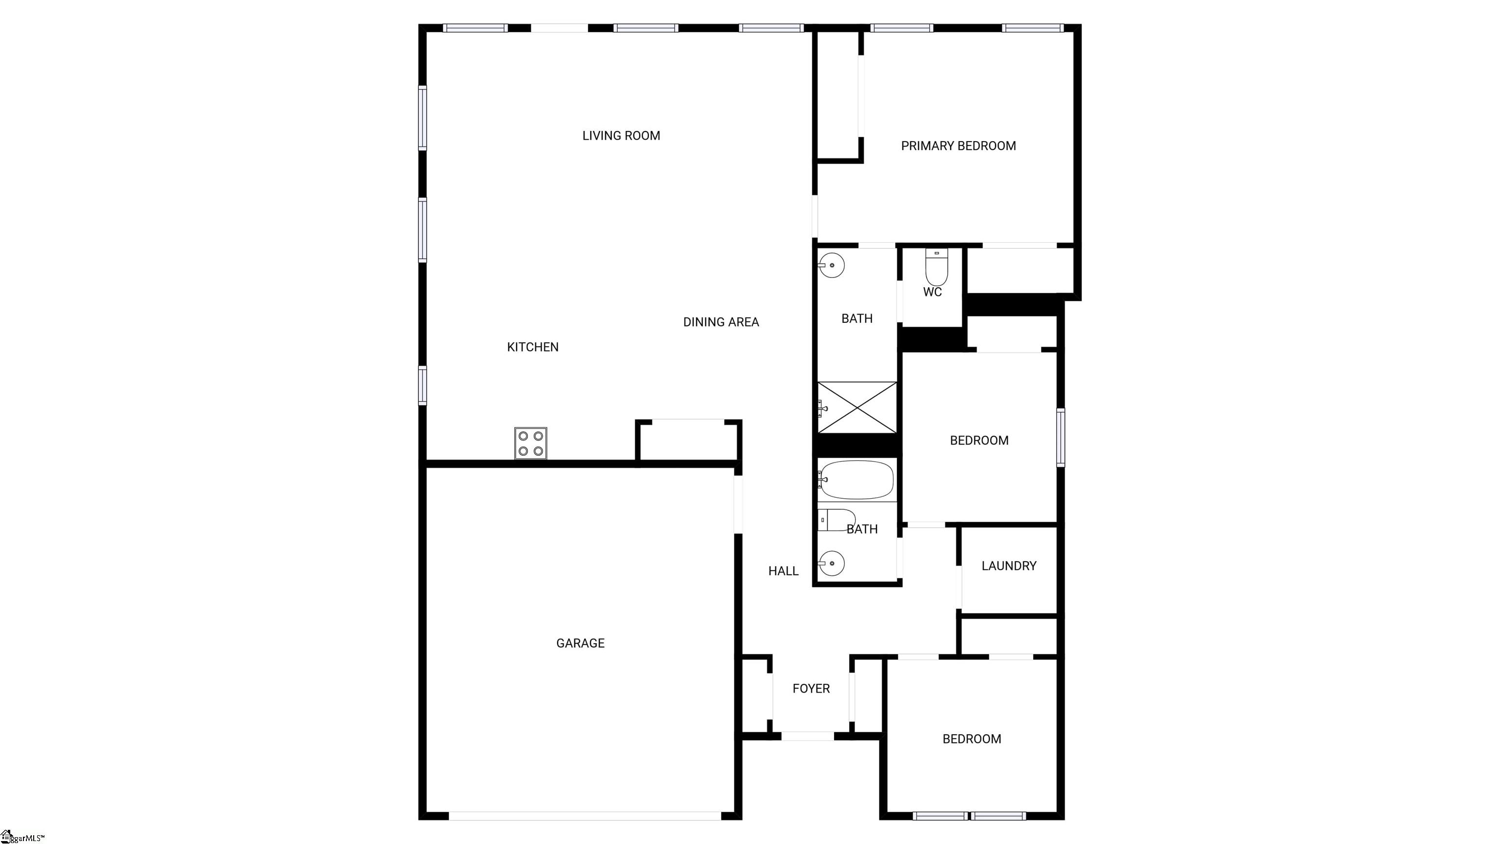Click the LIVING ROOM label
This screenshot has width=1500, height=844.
[x=621, y=136]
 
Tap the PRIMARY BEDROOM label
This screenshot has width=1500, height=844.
[x=958, y=146]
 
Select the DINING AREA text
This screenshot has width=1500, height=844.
[x=721, y=322]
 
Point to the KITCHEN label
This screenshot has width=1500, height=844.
[x=533, y=347]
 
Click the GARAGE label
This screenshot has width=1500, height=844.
[x=581, y=643]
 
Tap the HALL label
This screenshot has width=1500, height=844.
[x=783, y=571]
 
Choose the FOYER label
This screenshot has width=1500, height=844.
[x=811, y=689]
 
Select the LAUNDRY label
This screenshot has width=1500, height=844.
[x=1009, y=566]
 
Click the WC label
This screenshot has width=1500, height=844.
[x=932, y=292]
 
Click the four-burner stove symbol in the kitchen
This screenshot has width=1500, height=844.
[x=530, y=443]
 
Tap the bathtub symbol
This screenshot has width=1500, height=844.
[x=856, y=479]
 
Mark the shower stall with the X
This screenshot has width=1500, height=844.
[x=857, y=407]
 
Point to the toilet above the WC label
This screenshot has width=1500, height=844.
[x=937, y=267]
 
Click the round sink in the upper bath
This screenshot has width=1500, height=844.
[x=832, y=266]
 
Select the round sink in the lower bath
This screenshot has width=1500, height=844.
[x=832, y=563]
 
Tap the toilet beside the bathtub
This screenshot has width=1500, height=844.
[x=837, y=520]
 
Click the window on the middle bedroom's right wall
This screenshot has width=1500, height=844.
[x=1061, y=438]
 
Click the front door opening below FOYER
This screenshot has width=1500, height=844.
[x=807, y=736]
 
